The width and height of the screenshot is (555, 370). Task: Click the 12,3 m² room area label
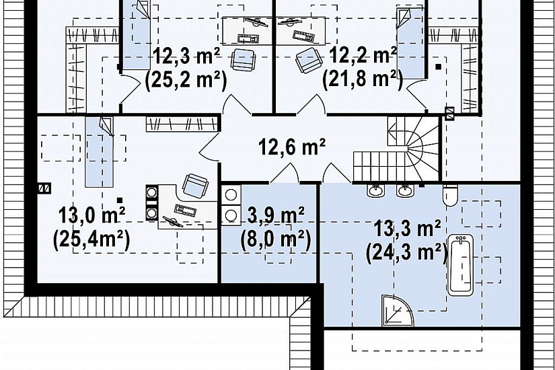pyautogui.click(x=186, y=57)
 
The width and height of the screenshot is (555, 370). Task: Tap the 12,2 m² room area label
pyautogui.click(x=363, y=56)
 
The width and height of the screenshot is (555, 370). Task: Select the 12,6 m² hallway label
pyautogui.click(x=292, y=147)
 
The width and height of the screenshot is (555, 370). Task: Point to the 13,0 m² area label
pyautogui.click(x=91, y=215)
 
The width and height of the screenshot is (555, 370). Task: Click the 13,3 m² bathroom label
pyautogui.click(x=408, y=229)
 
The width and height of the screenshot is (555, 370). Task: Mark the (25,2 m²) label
pyautogui.click(x=186, y=80)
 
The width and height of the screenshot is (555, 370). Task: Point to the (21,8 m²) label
pyautogui.click(x=363, y=80)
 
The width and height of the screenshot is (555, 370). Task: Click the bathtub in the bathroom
pyautogui.click(x=461, y=265)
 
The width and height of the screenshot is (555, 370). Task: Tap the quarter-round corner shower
pyautogui.click(x=397, y=311)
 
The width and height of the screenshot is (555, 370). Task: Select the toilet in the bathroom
pyautogui.click(x=451, y=196)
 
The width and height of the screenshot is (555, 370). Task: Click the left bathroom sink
pyautogui.click(x=375, y=190)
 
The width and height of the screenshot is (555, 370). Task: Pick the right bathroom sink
pyautogui.click(x=404, y=190)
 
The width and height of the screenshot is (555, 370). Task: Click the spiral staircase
pyautogui.click(x=414, y=149)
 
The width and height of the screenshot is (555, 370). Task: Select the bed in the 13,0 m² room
pyautogui.click(x=100, y=152)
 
